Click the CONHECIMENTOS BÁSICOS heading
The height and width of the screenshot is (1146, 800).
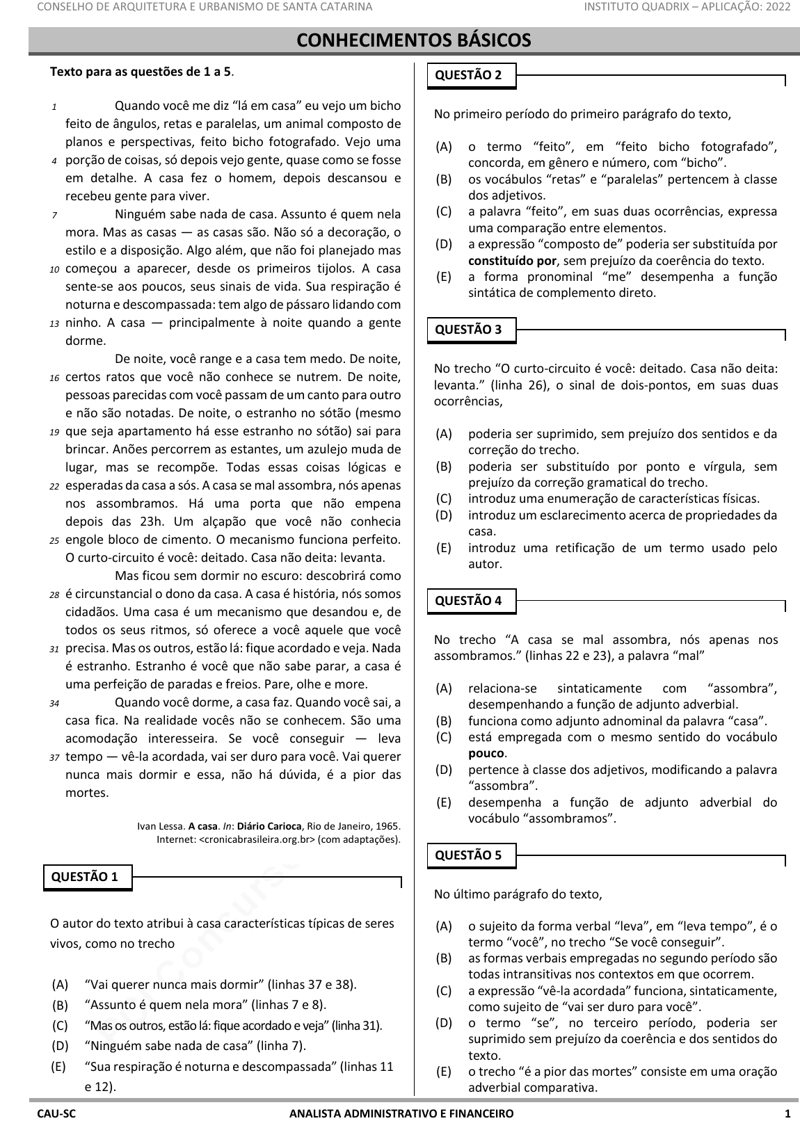coord(414,40)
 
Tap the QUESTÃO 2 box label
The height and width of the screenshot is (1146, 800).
coord(468,75)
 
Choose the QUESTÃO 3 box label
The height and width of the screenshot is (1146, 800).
coord(468,330)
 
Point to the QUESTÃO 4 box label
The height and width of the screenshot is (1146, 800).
coord(468,601)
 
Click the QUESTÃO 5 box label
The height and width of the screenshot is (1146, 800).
coord(468,855)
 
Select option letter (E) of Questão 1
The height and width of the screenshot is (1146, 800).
coord(58,1066)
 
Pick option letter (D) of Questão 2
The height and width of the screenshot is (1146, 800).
coord(443,244)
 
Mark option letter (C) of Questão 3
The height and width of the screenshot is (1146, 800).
coord(443,499)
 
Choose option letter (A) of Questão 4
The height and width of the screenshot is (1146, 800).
coord(443,688)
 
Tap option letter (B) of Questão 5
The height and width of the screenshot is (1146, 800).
coord(443,958)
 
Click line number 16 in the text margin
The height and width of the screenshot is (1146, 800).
coord(54,378)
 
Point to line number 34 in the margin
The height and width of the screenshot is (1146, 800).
coord(54,704)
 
